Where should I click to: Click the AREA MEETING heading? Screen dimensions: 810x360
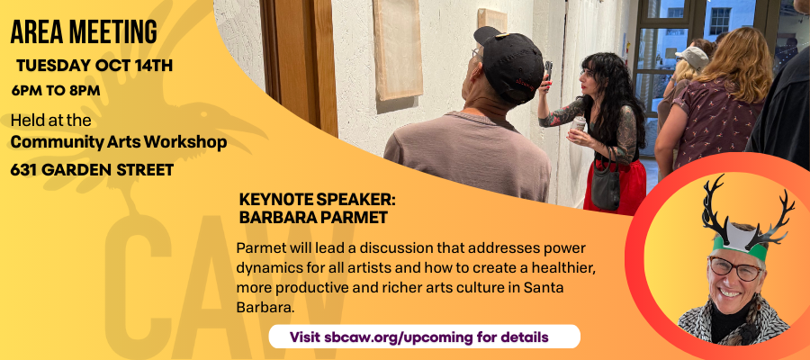[x=84, y=32]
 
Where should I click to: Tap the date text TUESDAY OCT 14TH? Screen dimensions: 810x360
[x=94, y=66]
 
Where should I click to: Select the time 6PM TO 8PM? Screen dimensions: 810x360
[x=56, y=90]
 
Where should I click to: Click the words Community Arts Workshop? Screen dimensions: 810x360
[x=119, y=142]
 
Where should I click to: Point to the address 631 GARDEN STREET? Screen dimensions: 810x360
[x=92, y=170]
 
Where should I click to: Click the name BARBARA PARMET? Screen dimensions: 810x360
[x=313, y=218]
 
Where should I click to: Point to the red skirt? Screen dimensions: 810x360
[x=616, y=186]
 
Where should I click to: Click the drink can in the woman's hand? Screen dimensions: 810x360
[x=578, y=124]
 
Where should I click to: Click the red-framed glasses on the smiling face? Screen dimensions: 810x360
[x=735, y=269]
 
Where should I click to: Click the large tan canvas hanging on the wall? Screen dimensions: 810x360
[x=398, y=49]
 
